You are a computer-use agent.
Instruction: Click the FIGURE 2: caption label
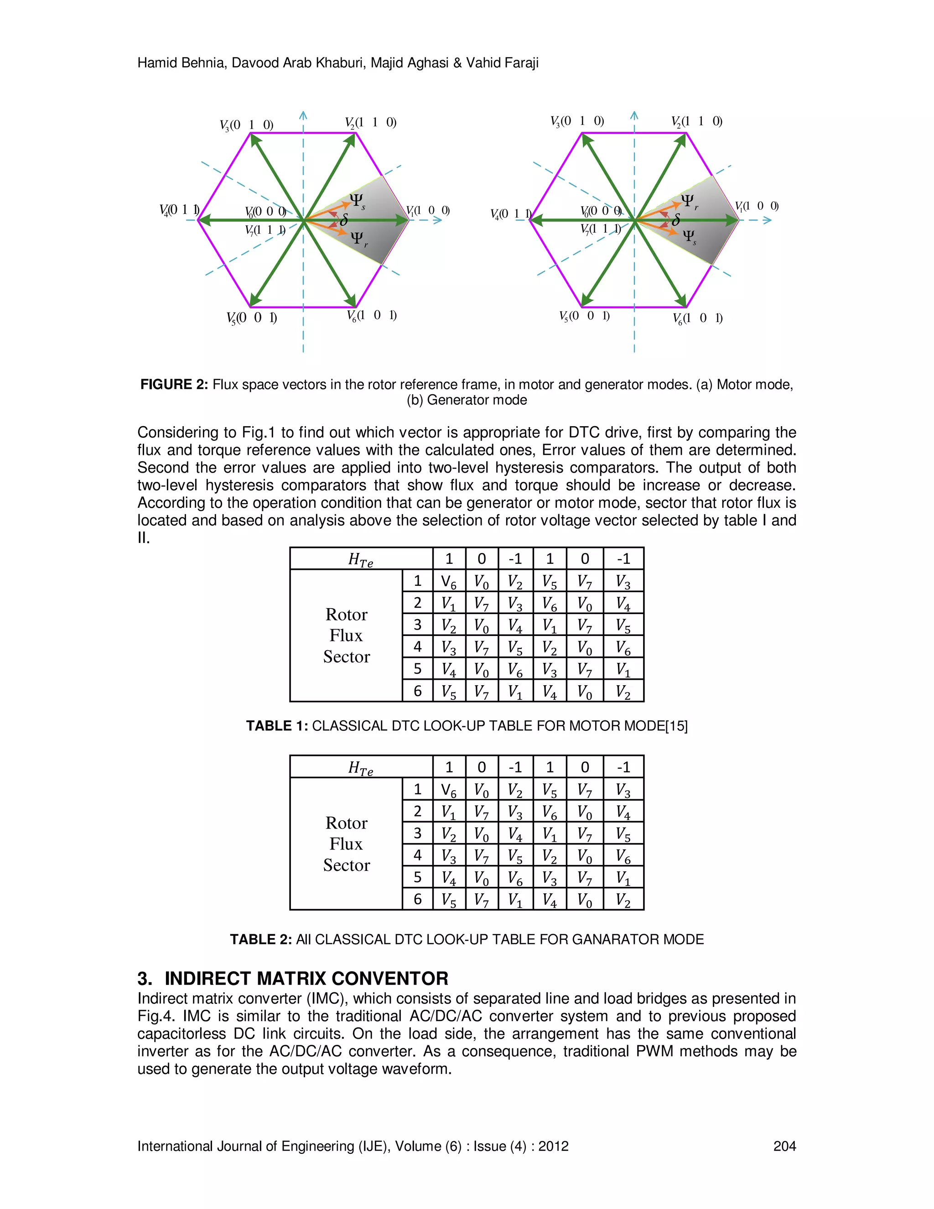174,385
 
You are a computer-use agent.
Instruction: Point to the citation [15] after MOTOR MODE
676,726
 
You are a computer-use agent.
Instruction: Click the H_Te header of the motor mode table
361,560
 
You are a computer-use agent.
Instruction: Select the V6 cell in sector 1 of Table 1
449,581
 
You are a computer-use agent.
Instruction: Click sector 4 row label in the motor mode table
418,646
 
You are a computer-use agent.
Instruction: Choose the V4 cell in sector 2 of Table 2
623,812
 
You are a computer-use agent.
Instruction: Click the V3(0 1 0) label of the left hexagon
246,125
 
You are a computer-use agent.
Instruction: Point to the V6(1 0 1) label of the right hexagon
698,318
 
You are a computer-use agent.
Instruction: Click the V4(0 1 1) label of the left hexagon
179,210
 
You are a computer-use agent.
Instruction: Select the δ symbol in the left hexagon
343,220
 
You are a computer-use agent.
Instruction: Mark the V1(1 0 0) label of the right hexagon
757,207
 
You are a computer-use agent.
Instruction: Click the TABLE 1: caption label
277,726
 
